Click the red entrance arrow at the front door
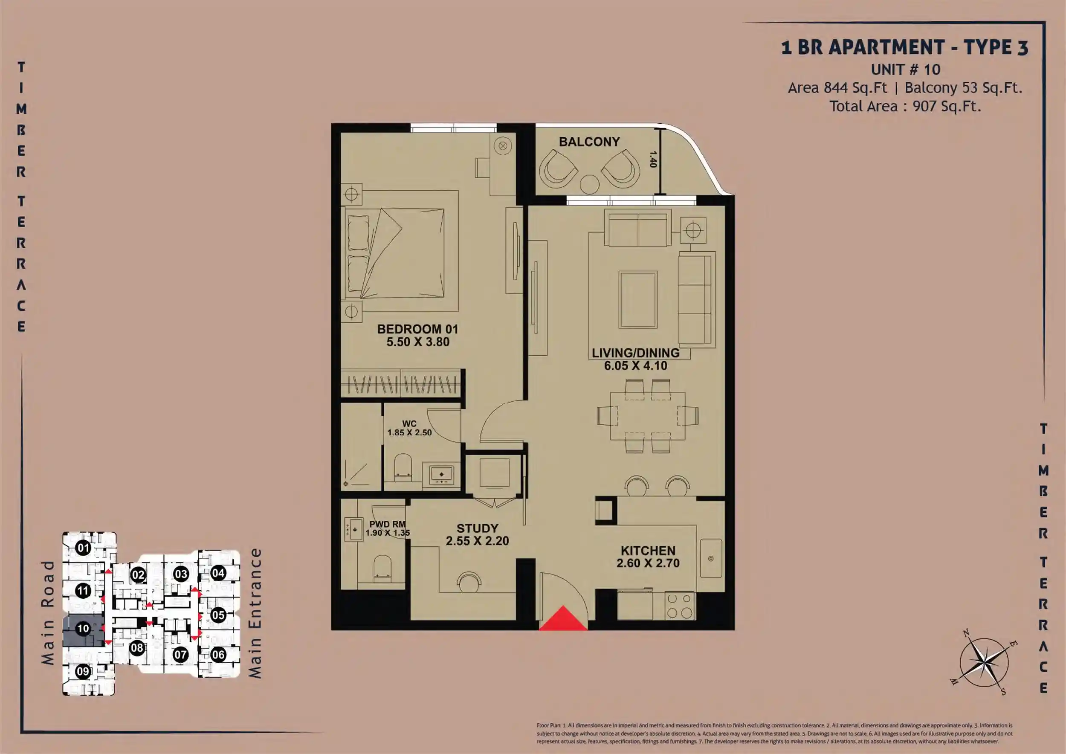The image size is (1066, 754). pyautogui.click(x=563, y=619)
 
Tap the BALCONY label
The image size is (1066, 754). pyautogui.click(x=589, y=142)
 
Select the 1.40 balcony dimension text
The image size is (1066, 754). pyautogui.click(x=653, y=159)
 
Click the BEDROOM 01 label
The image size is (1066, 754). pyautogui.click(x=417, y=329)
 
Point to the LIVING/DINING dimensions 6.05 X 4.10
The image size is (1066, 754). pyautogui.click(x=636, y=366)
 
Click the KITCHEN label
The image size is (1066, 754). pyautogui.click(x=648, y=551)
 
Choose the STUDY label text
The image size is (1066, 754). pyautogui.click(x=477, y=528)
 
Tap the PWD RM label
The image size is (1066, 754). pyautogui.click(x=387, y=524)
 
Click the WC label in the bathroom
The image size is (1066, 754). pyautogui.click(x=409, y=423)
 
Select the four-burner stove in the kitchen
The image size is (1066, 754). pyautogui.click(x=680, y=606)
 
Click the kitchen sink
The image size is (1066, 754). pyautogui.click(x=711, y=559)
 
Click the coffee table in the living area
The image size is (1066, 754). pyautogui.click(x=638, y=300)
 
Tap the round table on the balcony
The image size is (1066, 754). pyautogui.click(x=590, y=184)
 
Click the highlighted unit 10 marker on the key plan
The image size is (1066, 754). pyautogui.click(x=83, y=629)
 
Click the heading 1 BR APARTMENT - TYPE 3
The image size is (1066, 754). pyautogui.click(x=905, y=47)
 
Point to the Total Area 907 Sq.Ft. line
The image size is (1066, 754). pyautogui.click(x=905, y=106)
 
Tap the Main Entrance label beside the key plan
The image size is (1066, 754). pyautogui.click(x=255, y=613)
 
